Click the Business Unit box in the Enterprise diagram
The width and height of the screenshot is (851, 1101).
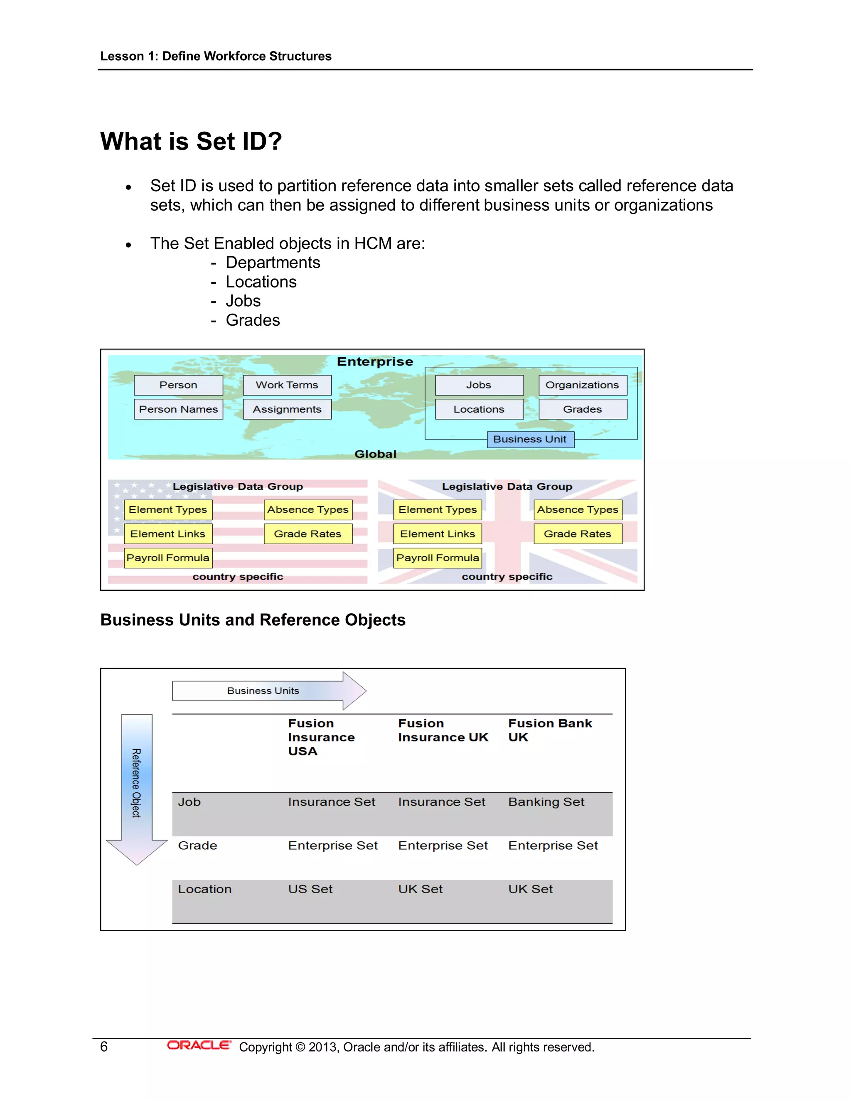530,439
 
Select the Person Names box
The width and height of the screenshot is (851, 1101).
178,409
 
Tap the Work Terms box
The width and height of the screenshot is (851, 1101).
287,385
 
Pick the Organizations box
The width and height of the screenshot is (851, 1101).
582,385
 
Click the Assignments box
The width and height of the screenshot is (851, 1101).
287,409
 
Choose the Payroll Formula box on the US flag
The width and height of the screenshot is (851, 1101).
168,558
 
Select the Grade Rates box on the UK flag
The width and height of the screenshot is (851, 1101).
578,534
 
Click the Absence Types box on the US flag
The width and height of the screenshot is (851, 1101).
307,510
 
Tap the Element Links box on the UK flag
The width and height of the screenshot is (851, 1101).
437,534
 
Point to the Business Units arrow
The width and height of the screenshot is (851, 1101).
269,691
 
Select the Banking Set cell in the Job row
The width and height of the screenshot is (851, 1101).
546,802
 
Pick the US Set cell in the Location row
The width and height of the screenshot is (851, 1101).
310,889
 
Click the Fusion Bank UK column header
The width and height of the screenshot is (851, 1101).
549,730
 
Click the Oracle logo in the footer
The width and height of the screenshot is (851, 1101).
199,1046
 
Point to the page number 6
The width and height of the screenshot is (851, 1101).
104,1047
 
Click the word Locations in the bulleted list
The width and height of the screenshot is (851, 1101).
261,282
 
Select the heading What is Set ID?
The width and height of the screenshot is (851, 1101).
191,141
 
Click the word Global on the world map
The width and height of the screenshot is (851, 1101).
375,454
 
